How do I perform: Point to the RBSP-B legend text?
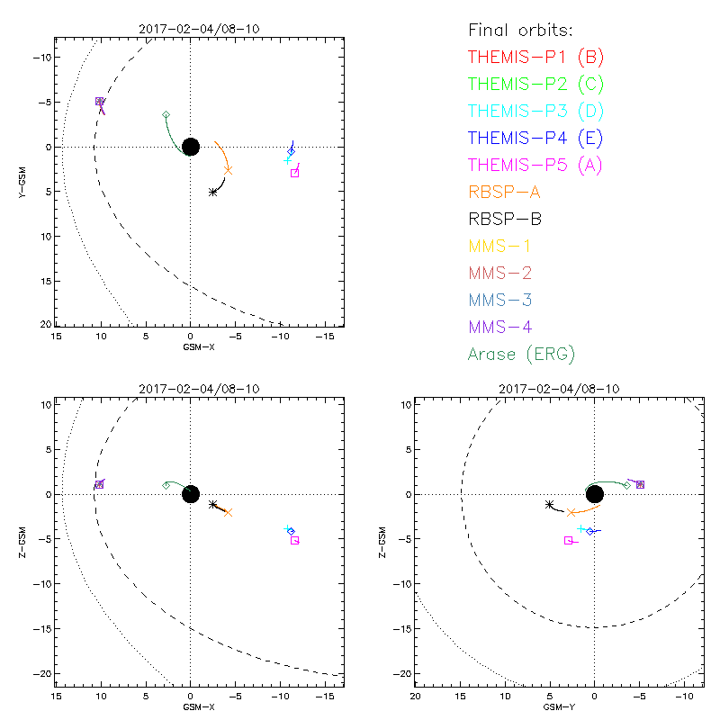click(x=504, y=219)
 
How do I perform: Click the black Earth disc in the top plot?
click(x=190, y=147)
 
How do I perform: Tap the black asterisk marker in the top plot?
click(x=213, y=192)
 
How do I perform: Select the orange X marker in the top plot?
click(x=229, y=170)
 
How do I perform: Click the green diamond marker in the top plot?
click(x=166, y=115)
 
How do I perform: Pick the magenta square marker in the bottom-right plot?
click(x=568, y=540)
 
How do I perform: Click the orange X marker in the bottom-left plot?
click(x=228, y=512)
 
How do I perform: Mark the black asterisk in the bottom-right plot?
click(x=549, y=505)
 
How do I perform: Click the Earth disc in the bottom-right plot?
click(x=594, y=494)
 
